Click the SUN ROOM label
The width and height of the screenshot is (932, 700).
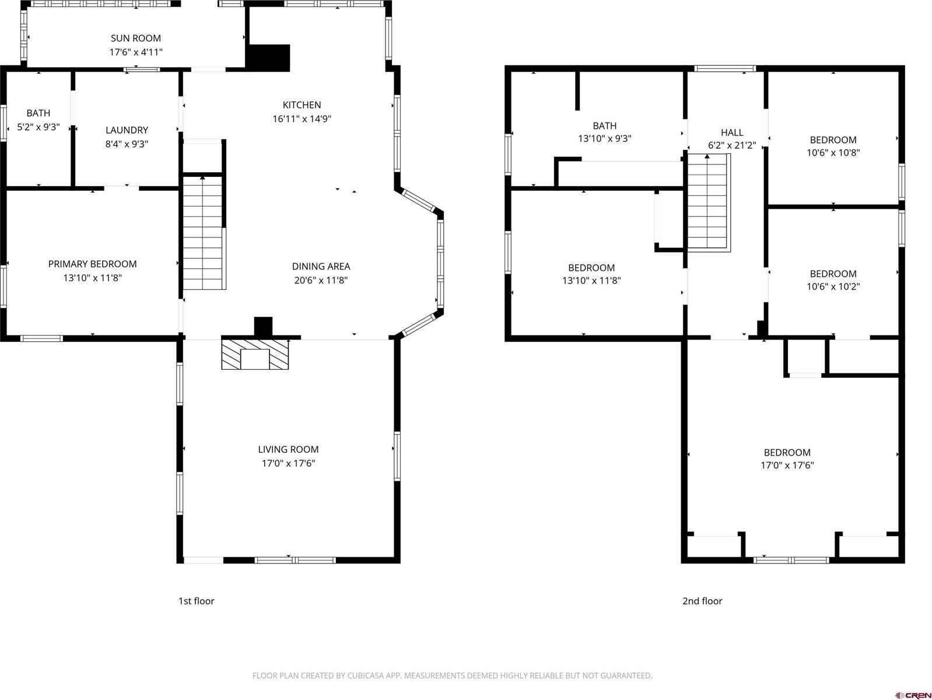(135, 38)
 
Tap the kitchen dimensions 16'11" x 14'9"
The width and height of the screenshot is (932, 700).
(302, 119)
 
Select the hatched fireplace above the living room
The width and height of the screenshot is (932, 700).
(255, 354)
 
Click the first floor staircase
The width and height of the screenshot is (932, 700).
(203, 233)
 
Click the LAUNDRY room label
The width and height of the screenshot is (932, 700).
(127, 130)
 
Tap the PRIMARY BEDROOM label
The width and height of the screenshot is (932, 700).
(92, 264)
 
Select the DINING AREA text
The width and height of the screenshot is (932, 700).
(321, 267)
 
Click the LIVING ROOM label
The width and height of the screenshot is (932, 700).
(288, 450)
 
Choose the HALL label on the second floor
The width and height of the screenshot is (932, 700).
(731, 132)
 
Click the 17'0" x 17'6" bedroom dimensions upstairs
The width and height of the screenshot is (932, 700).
(787, 466)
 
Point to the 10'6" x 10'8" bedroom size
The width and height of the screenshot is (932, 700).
(833, 153)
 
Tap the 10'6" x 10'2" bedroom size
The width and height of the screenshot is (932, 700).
(833, 287)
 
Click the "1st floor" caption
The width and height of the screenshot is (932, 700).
(196, 601)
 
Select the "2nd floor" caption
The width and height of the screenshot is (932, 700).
(702, 601)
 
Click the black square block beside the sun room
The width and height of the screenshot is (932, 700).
(268, 58)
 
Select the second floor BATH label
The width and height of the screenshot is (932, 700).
(604, 126)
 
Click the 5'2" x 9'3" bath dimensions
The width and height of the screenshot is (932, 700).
(38, 127)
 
